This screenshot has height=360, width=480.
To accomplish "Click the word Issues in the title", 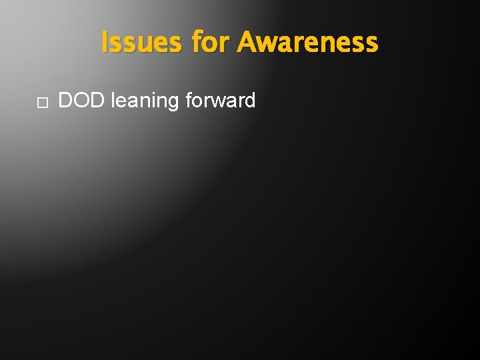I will tap(141, 43).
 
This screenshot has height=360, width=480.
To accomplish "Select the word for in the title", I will tap(210, 43).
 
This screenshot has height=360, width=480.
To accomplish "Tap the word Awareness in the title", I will tap(307, 43).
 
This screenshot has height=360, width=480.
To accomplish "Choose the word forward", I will tap(221, 101).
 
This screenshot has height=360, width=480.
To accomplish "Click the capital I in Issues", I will tap(105, 43).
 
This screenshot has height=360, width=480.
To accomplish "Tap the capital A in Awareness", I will tap(248, 43).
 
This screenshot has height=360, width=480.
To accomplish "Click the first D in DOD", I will tap(67, 101).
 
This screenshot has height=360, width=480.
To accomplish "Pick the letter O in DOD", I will tap(82, 101).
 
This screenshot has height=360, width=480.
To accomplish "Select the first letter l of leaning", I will tap(113, 101).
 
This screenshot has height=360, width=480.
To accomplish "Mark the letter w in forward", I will tap(218, 102).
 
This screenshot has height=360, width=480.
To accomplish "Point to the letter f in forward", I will tap(189, 101).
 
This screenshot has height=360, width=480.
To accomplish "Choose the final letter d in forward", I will tap(249, 101).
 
